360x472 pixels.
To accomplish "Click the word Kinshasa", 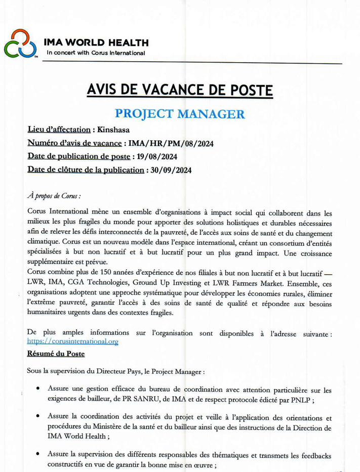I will (113, 131).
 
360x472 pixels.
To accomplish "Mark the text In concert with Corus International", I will (96, 53).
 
